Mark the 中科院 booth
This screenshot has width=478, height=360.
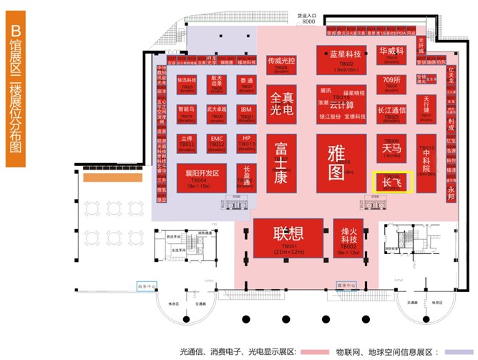(x=426, y=162)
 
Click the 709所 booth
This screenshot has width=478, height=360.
(x=391, y=82)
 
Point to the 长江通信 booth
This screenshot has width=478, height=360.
(x=391, y=111)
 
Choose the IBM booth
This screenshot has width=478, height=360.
(x=247, y=111)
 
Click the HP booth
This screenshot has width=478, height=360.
(x=247, y=141)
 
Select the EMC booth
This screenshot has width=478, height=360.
(x=218, y=141)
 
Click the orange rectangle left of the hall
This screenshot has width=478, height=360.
(x=104, y=177)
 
